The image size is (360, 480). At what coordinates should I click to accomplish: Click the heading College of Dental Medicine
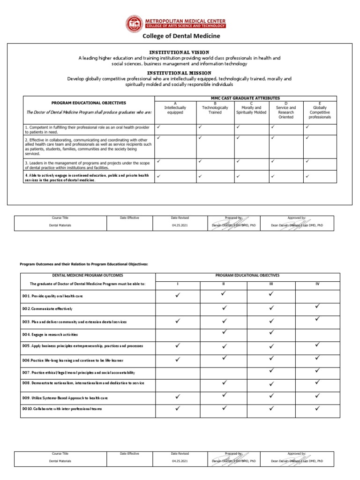[181, 36]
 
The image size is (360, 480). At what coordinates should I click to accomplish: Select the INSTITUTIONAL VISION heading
[179, 52]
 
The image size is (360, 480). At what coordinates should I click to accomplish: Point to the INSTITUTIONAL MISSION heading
[179, 73]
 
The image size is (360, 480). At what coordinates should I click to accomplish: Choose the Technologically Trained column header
[215, 110]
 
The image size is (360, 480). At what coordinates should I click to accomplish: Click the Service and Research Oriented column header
[286, 112]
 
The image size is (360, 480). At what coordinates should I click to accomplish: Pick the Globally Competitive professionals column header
[320, 112]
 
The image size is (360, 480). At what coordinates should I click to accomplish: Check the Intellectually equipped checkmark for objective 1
[159, 127]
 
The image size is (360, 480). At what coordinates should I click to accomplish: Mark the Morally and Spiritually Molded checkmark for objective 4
[238, 176]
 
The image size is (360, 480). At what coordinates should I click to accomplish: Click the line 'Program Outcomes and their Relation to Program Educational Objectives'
[83, 264]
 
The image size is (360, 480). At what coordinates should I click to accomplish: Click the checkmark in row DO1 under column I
[178, 296]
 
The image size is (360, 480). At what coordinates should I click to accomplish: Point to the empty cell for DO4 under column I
[178, 335]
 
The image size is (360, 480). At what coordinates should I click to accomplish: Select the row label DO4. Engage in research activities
[50, 335]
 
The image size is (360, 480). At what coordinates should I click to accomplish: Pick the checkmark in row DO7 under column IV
[318, 370]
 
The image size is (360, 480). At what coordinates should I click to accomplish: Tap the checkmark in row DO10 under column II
[224, 408]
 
